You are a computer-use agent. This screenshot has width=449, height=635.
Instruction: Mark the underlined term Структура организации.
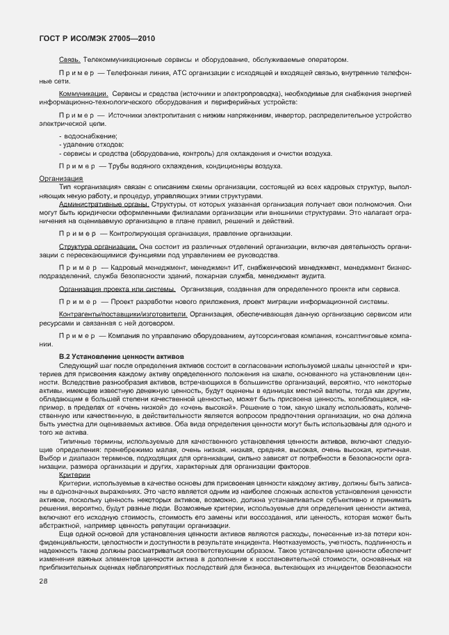click(x=98, y=247)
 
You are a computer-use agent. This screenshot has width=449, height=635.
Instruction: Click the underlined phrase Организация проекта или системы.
click(x=117, y=289)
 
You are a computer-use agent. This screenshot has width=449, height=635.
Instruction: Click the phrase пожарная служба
click(x=254, y=276)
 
